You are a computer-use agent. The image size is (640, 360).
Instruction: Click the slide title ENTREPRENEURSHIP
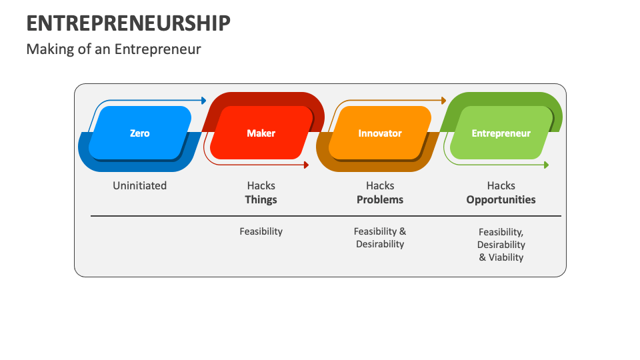tap(129, 23)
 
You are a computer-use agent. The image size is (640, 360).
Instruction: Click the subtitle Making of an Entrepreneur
tap(113, 49)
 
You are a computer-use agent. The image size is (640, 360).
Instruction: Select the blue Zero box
tap(140, 133)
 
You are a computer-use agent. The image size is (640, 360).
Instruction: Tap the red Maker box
tap(261, 133)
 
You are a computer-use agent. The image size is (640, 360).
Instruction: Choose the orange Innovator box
tap(380, 133)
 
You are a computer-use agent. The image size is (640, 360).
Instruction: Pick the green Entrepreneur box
tap(501, 133)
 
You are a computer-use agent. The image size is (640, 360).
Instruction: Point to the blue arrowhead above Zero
tap(203, 101)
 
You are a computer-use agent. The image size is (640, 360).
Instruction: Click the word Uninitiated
tap(140, 186)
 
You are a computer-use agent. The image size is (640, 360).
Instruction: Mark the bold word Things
tap(261, 199)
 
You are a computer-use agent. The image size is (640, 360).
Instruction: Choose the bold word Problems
tap(380, 199)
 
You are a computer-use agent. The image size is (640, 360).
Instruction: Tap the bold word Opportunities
tap(501, 199)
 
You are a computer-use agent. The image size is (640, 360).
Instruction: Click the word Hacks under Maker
tap(261, 186)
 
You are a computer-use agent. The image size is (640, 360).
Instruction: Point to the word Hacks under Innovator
tap(380, 186)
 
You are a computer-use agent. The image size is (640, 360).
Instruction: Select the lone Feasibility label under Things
tap(261, 231)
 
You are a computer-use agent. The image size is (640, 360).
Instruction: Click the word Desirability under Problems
tap(380, 244)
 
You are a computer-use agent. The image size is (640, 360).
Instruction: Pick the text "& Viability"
tap(501, 257)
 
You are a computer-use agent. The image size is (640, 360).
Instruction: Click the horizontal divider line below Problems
tap(380, 216)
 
